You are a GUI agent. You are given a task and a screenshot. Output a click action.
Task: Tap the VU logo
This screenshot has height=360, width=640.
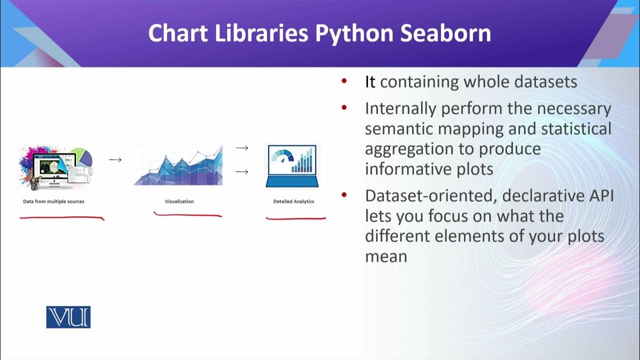pyautogui.click(x=68, y=317)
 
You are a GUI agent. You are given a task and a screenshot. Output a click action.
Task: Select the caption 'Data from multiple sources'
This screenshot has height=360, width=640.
pyautogui.click(x=53, y=201)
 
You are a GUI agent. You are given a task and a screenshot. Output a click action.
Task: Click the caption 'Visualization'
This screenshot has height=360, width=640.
pyautogui.click(x=179, y=201)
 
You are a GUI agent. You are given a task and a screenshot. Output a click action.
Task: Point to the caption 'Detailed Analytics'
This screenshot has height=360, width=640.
pyautogui.click(x=293, y=201)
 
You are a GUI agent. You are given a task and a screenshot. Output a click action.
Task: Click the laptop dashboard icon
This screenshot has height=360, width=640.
pyautogui.click(x=292, y=165)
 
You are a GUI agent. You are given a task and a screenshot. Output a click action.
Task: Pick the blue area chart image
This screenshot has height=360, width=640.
pyautogui.click(x=178, y=165)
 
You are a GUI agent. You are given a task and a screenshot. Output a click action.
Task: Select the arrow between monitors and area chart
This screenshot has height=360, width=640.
pyautogui.click(x=115, y=160)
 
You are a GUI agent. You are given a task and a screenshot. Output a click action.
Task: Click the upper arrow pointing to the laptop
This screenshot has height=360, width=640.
pyautogui.click(x=242, y=148)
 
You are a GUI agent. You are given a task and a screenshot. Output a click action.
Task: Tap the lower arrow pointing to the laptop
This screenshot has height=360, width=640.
pyautogui.click(x=242, y=172)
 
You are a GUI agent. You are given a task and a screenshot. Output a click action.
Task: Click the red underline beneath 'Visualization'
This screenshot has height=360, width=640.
pyautogui.click(x=187, y=215)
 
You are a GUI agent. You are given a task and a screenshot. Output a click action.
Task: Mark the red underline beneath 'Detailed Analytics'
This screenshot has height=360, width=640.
pyautogui.click(x=295, y=218)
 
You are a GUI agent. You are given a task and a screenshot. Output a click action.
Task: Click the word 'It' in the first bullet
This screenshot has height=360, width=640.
pyautogui.click(x=370, y=82)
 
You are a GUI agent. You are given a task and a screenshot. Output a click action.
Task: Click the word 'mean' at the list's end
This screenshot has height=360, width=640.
pyautogui.click(x=385, y=256)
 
